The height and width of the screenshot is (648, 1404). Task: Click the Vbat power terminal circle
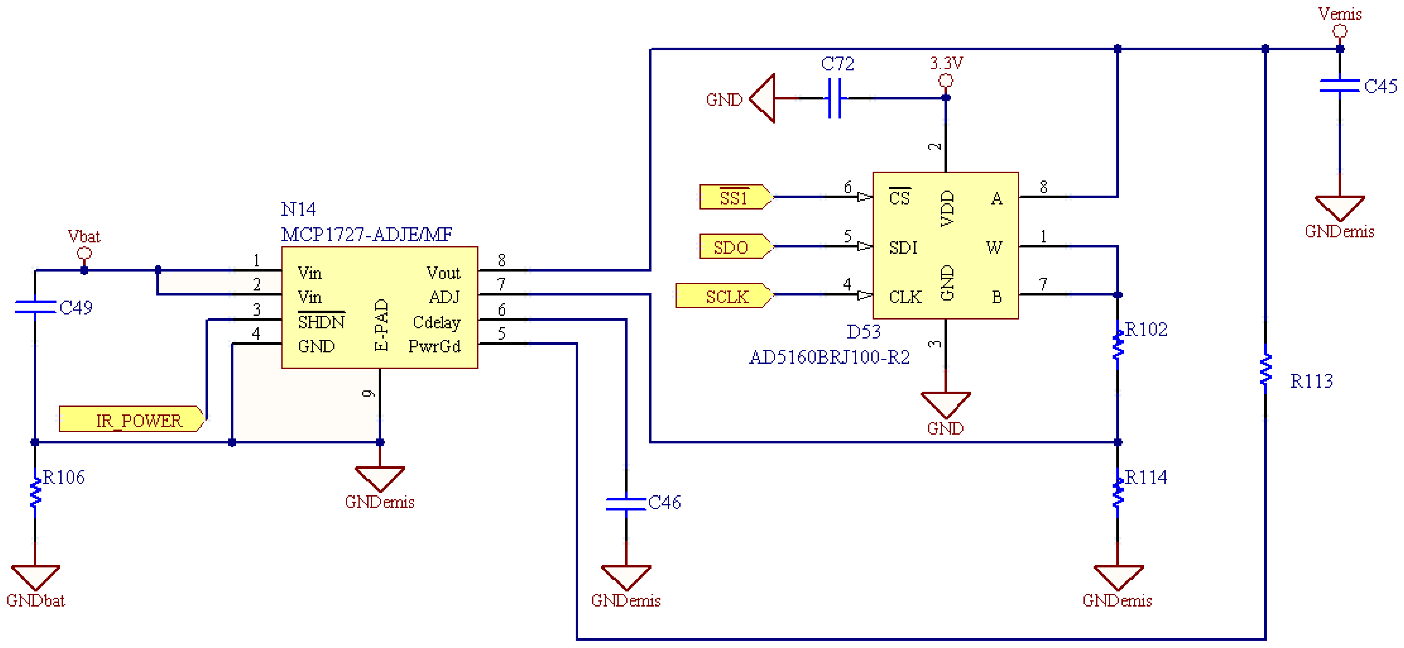[x=84, y=253]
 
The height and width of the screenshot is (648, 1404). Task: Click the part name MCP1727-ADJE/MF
[x=366, y=234]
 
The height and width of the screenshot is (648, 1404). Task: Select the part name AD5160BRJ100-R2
[x=829, y=357]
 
